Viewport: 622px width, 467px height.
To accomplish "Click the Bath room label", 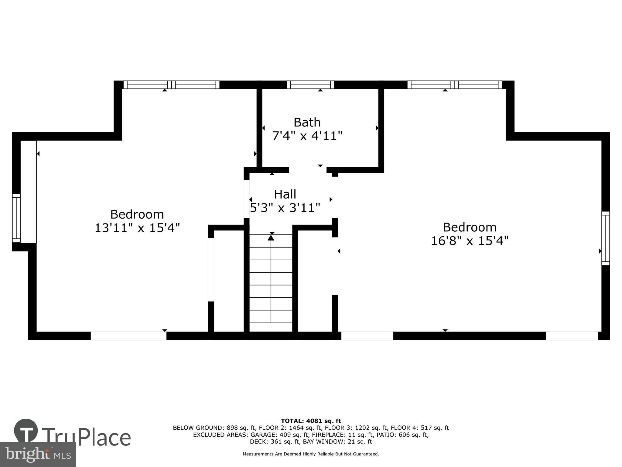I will [307, 122].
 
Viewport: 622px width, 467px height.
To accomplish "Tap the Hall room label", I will [285, 194].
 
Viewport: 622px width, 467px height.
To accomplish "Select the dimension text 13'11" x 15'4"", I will [137, 228].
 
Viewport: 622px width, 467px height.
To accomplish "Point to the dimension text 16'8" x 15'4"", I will [470, 241].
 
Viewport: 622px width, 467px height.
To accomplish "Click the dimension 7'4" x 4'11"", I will [307, 136].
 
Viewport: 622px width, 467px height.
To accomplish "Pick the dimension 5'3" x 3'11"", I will [285, 208].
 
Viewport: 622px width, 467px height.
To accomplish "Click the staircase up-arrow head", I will [271, 237].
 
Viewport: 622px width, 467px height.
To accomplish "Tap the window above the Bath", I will [310, 85].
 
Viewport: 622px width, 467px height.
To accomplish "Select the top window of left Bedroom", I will [171, 85].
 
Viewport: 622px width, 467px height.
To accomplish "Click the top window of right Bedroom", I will [454, 85].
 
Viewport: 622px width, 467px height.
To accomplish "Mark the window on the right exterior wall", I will [605, 238].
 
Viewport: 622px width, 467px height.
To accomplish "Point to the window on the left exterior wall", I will [16, 218].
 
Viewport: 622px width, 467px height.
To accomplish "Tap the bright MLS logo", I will [38, 454].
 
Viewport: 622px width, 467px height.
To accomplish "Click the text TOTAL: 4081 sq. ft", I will [311, 421].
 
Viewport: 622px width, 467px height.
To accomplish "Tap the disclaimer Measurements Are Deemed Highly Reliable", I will [311, 454].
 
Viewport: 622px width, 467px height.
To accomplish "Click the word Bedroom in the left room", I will [137, 214].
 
